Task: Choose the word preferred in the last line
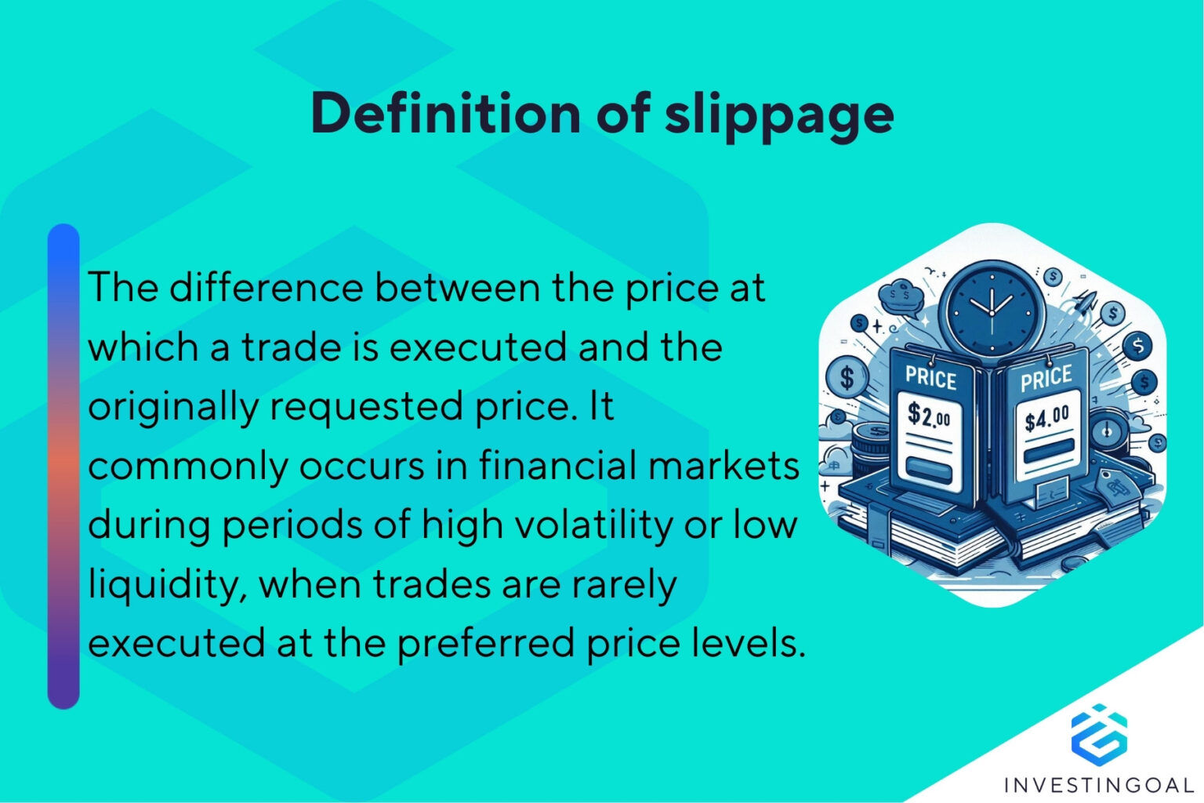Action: pyautogui.click(x=486, y=643)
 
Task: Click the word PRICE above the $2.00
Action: pyautogui.click(x=931, y=378)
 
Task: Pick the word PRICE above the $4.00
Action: pyautogui.click(x=1046, y=379)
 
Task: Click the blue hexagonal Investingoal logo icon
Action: pyautogui.click(x=1099, y=733)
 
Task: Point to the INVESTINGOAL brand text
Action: pyautogui.click(x=1099, y=784)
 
